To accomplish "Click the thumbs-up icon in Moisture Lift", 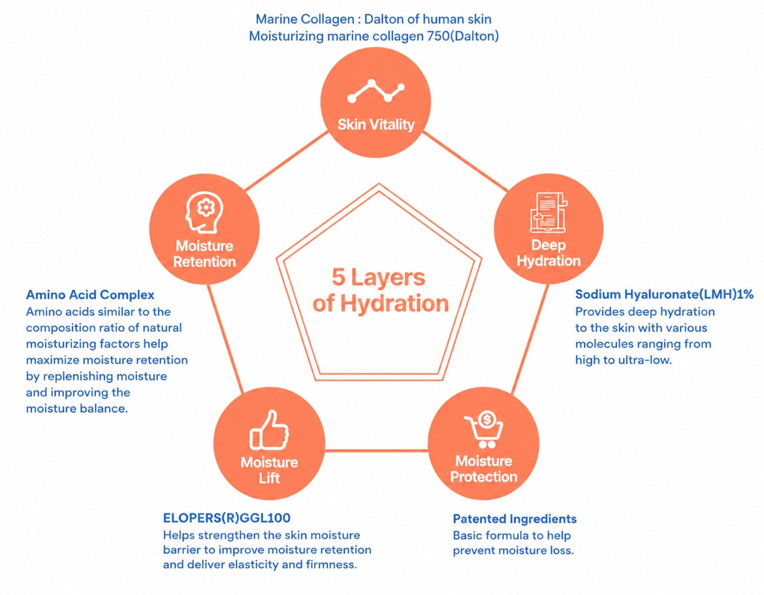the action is click(269, 430).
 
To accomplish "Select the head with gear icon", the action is click(204, 212).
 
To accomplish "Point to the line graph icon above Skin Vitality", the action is click(375, 91).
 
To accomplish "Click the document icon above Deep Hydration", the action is click(549, 212).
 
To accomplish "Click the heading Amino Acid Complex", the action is click(90, 295).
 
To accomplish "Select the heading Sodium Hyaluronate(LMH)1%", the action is click(664, 295).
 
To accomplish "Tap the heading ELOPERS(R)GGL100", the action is click(227, 517).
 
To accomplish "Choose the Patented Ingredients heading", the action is click(515, 519).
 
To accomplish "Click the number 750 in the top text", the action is click(438, 36).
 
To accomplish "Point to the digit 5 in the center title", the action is click(339, 278).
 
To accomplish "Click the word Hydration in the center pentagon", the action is click(394, 303).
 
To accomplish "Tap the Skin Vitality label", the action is click(376, 125).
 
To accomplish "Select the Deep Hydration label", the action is click(549, 253).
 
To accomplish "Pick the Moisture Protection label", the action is click(484, 469).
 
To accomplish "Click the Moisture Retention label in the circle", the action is click(204, 254).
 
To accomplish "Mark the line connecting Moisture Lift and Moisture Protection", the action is click(376, 450).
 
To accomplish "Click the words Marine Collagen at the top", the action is click(305, 20).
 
